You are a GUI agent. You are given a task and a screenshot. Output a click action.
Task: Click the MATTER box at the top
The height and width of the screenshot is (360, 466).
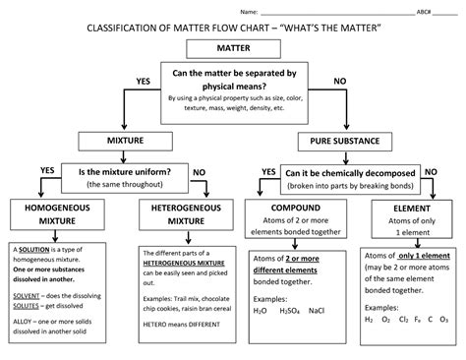pyautogui.click(x=233, y=48)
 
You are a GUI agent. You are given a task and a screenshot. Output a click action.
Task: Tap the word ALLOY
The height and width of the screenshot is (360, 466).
pyautogui.click(x=22, y=320)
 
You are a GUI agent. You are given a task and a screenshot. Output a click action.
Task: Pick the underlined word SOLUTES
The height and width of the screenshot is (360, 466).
pyautogui.click(x=27, y=305)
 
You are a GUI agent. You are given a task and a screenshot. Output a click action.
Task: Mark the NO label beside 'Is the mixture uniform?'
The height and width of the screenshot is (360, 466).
pyautogui.click(x=198, y=170)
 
